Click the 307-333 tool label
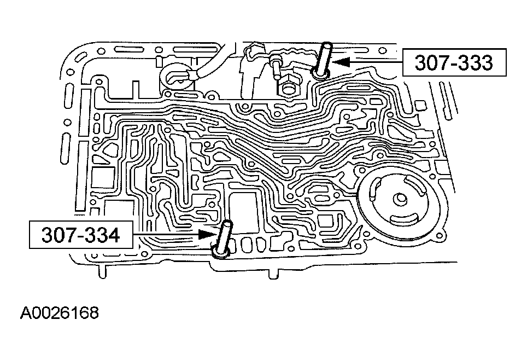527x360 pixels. [x=454, y=62]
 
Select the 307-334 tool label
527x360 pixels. [x=81, y=235]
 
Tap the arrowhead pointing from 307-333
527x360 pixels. [x=341, y=62]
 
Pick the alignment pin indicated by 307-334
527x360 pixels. [x=223, y=239]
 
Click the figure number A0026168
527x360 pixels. [x=60, y=313]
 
